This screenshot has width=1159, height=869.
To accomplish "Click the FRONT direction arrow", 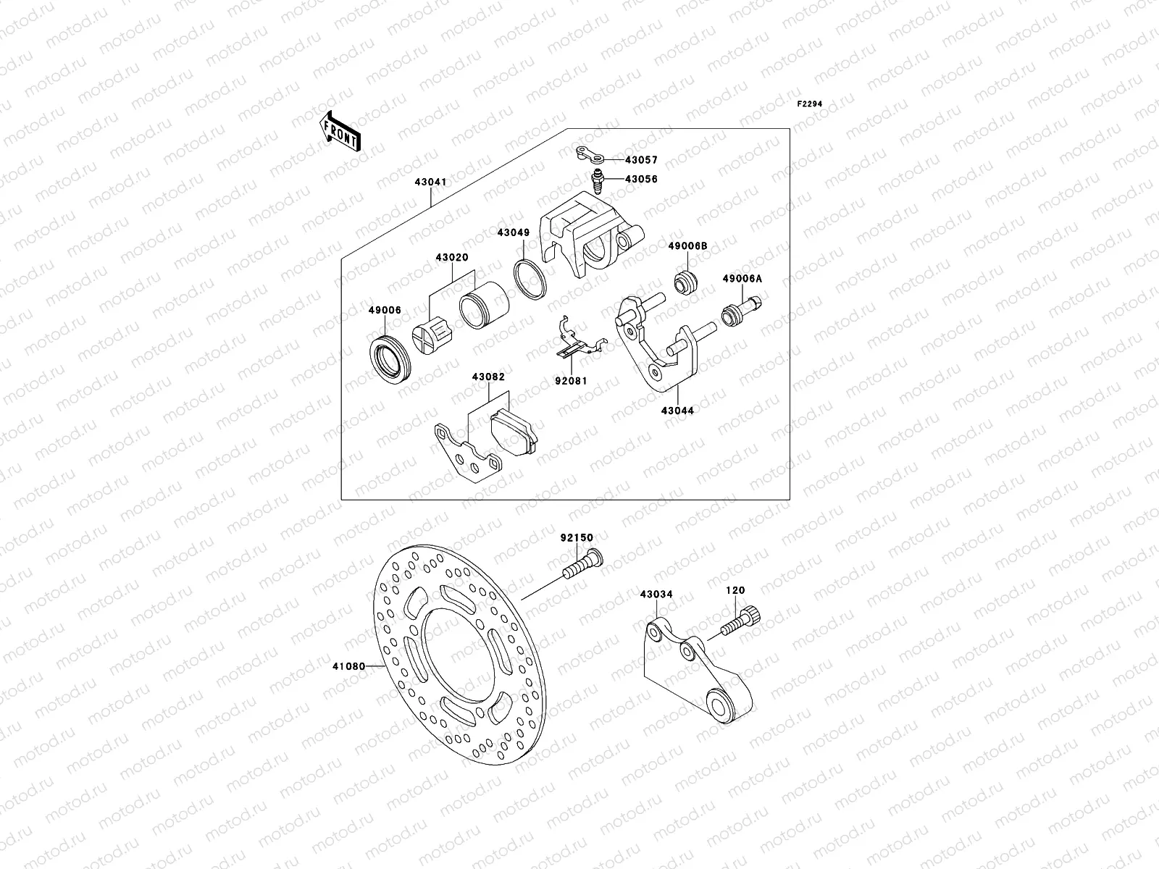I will [x=340, y=131].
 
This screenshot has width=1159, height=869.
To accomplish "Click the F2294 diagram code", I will [x=810, y=104].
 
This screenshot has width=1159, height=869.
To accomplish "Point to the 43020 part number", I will [x=451, y=257].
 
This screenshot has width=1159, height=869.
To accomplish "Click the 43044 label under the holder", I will [x=677, y=411].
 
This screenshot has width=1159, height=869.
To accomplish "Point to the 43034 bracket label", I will [x=656, y=595].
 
